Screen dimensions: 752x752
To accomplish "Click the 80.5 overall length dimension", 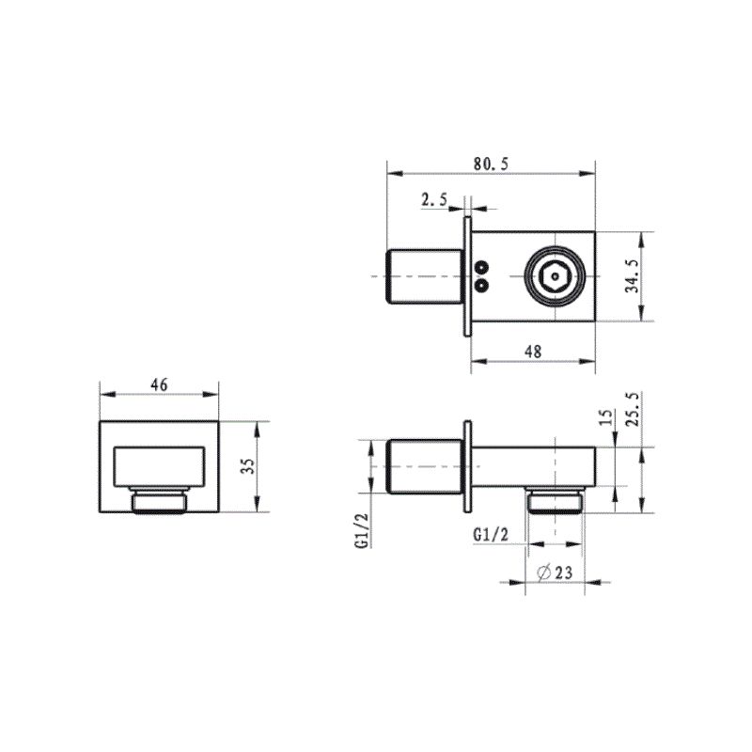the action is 491,164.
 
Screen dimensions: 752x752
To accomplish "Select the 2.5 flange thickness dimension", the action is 434,199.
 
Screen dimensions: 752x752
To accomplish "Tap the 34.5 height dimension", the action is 633,276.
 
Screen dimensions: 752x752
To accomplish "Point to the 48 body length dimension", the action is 533,352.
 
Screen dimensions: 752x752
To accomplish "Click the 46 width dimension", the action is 159,384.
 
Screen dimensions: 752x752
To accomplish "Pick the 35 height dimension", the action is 247,466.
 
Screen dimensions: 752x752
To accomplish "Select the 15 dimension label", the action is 606,417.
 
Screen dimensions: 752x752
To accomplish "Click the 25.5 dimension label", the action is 633,409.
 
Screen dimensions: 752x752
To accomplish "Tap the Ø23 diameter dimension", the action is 555,572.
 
